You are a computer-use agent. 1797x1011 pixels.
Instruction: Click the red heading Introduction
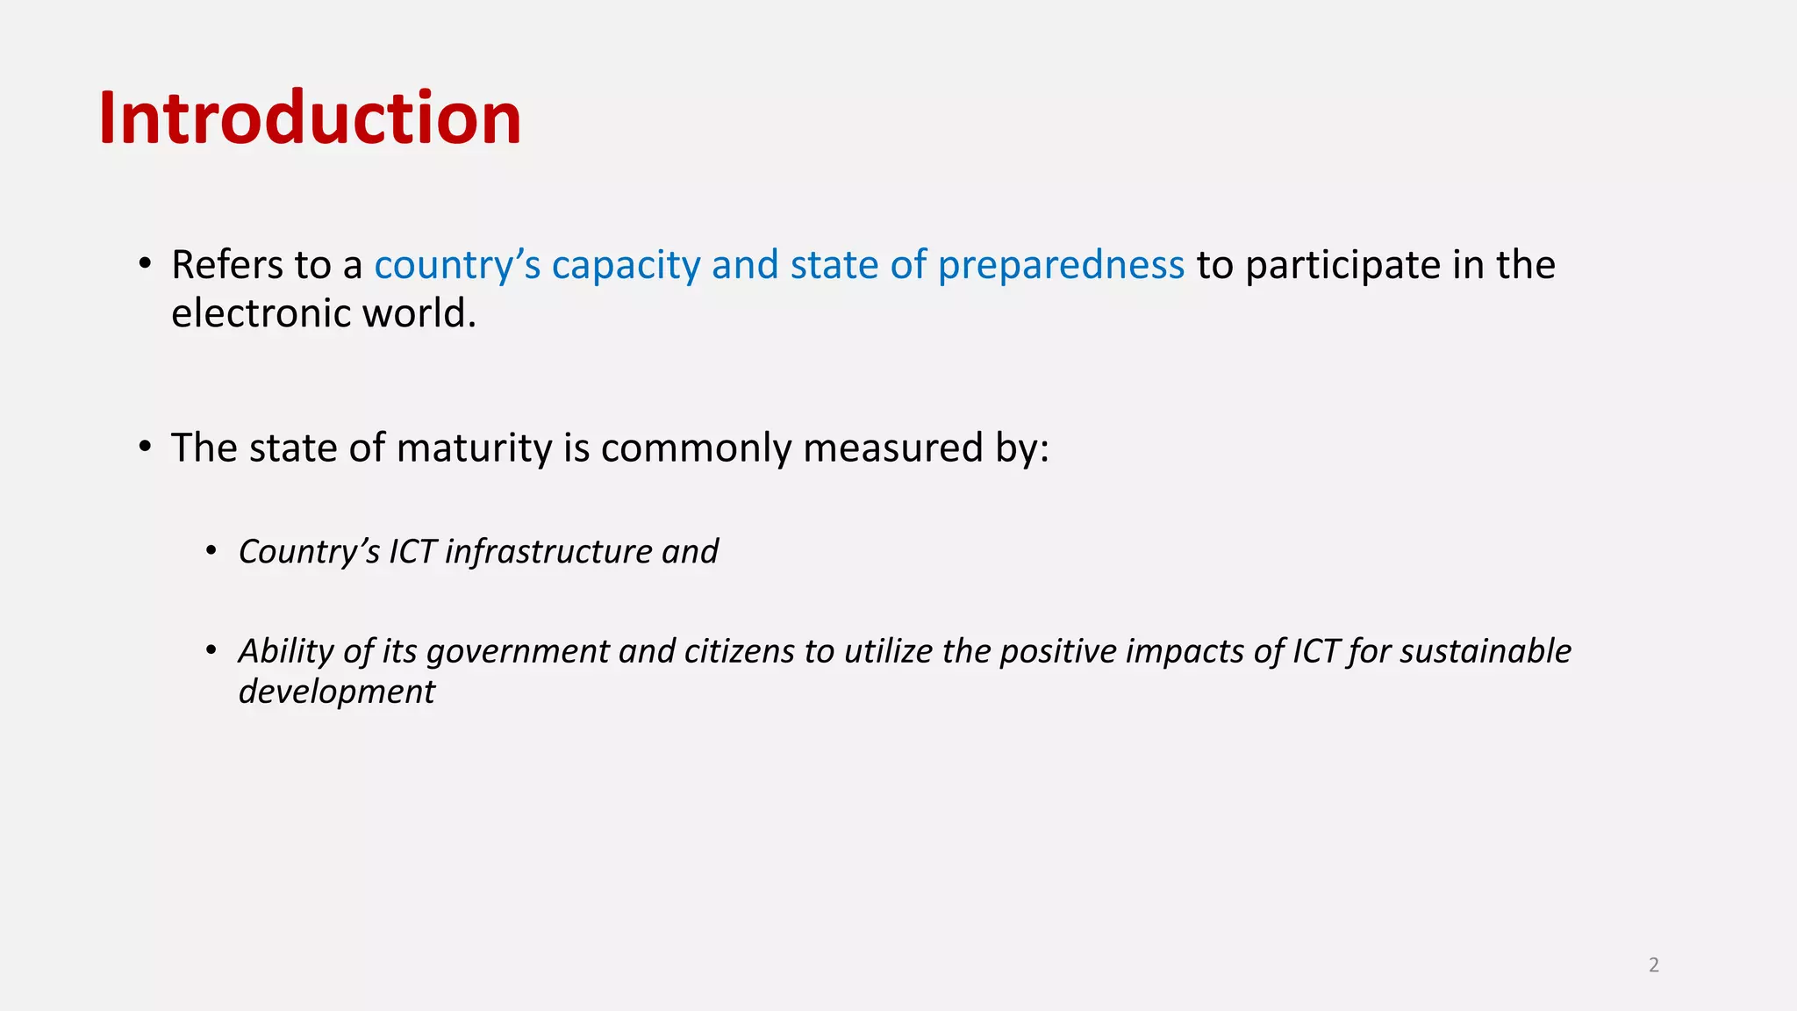pyautogui.click(x=310, y=118)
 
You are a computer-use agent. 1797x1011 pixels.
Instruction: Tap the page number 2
pyautogui.click(x=1654, y=965)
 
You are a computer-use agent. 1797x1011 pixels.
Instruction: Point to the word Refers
pyautogui.click(x=227, y=265)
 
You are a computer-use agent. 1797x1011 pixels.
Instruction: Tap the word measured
pyautogui.click(x=893, y=448)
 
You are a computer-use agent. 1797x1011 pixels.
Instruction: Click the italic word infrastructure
pyautogui.click(x=548, y=552)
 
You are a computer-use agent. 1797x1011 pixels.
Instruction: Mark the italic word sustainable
pyautogui.click(x=1485, y=651)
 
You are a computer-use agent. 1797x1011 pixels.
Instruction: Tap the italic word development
pyautogui.click(x=336, y=692)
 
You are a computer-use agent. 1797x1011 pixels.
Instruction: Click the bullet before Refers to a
pyautogui.click(x=146, y=263)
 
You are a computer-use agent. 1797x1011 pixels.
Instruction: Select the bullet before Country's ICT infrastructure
pyautogui.click(x=211, y=551)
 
